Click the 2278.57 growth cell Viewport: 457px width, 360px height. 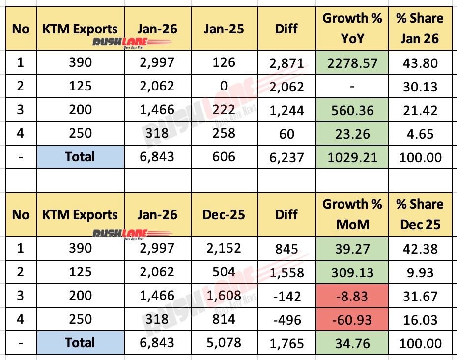pos(352,62)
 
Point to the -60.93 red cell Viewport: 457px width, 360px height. pos(352,320)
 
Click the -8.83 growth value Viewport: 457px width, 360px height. pos(352,296)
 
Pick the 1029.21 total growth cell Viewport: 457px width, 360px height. pos(352,157)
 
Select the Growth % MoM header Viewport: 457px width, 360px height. pos(352,214)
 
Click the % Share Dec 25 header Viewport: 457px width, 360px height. pos(420,214)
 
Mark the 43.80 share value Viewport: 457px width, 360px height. pos(420,62)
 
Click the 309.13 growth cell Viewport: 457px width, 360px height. pos(352,272)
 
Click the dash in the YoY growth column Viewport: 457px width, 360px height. pos(352,86)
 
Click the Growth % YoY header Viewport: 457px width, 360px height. pos(352,29)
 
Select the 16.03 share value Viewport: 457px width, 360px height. pos(420,320)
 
